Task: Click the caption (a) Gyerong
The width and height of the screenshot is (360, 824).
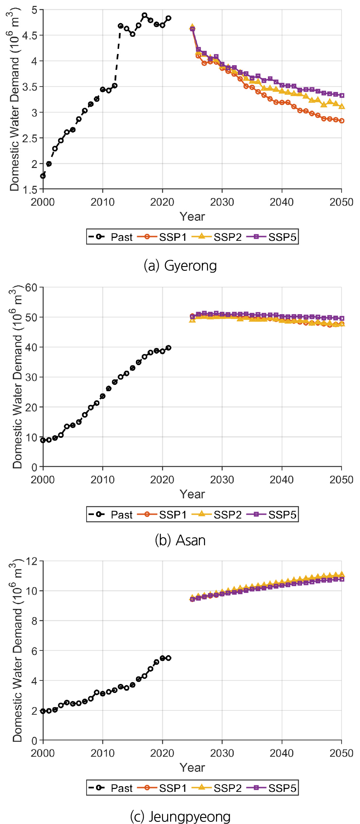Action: [x=180, y=266]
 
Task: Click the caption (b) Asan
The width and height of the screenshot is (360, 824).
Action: [x=180, y=540]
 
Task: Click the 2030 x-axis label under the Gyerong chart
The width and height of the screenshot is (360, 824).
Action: [x=222, y=202]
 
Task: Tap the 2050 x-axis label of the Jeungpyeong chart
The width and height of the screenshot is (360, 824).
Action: [x=342, y=753]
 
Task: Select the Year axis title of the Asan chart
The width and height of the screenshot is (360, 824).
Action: [x=192, y=494]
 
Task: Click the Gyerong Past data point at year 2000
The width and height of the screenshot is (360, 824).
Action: [x=43, y=176]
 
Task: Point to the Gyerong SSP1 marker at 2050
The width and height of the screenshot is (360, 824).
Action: [x=342, y=121]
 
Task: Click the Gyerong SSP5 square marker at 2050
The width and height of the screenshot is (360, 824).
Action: [x=342, y=96]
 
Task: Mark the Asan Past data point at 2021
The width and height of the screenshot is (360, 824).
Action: [x=168, y=348]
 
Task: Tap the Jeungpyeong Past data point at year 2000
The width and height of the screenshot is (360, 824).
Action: [x=43, y=711]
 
